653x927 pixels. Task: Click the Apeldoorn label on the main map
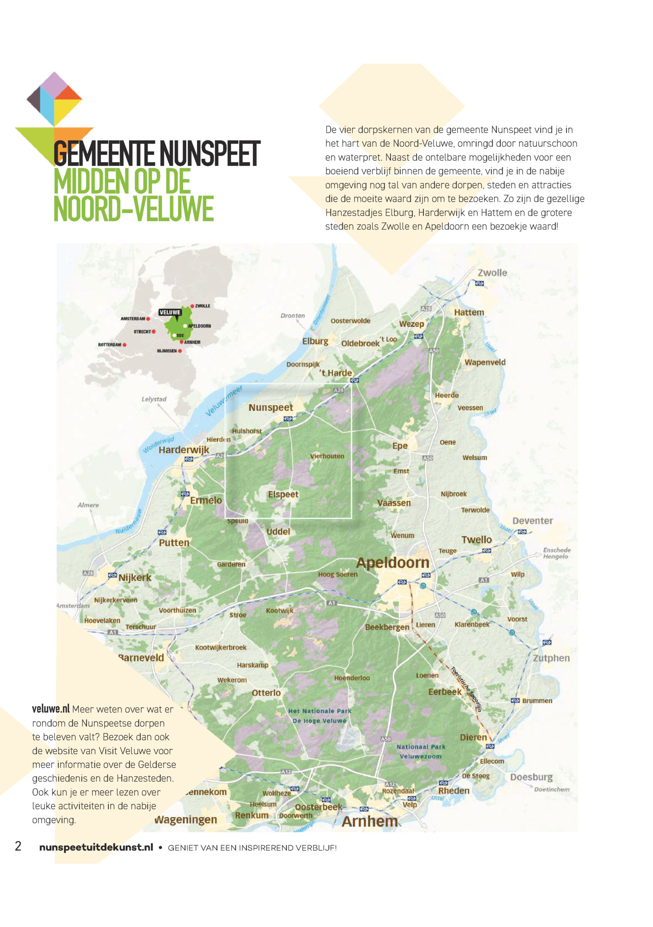pyautogui.click(x=393, y=563)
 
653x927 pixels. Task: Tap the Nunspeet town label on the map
pyautogui.click(x=271, y=407)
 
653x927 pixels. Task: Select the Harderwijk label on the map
pyautogui.click(x=184, y=450)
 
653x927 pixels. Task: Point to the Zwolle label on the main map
pyautogui.click(x=492, y=273)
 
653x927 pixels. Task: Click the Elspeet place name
pyautogui.click(x=283, y=494)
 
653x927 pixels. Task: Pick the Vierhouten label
pyautogui.click(x=327, y=456)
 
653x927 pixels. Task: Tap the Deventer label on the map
pyautogui.click(x=532, y=521)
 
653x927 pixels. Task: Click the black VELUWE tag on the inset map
pyautogui.click(x=170, y=313)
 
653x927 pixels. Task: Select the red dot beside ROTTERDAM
pyautogui.click(x=124, y=345)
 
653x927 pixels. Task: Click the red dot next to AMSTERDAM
pyautogui.click(x=148, y=319)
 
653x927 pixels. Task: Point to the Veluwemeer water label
pyautogui.click(x=224, y=401)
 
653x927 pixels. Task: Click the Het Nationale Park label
pyautogui.click(x=320, y=711)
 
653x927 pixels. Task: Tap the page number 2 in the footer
pyautogui.click(x=18, y=846)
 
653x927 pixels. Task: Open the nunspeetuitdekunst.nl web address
pyautogui.click(x=96, y=847)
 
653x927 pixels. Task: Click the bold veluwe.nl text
pyautogui.click(x=50, y=709)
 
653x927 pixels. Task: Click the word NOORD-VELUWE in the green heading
pyautogui.click(x=134, y=209)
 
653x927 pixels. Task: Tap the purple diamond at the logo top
pyautogui.click(x=54, y=85)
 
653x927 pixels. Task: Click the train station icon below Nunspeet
pyautogui.click(x=288, y=419)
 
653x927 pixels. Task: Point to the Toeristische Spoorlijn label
pyautogui.click(x=466, y=689)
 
